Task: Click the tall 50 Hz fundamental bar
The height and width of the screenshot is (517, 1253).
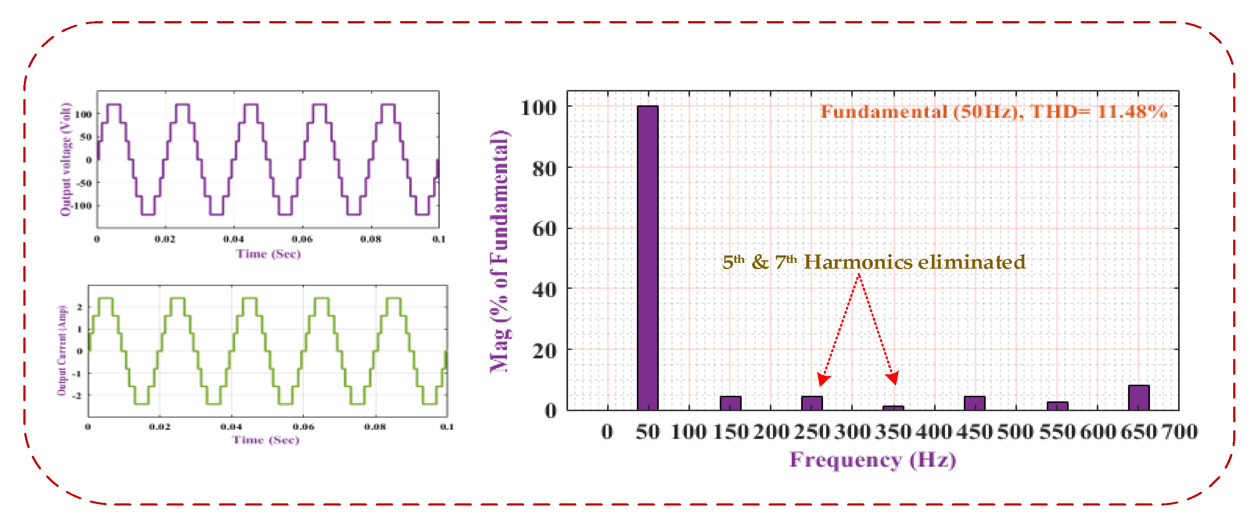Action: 647,258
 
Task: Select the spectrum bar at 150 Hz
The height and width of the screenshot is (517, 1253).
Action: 730,403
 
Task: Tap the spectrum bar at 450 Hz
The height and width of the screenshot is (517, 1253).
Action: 974,403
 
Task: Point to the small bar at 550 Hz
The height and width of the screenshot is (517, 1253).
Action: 1057,406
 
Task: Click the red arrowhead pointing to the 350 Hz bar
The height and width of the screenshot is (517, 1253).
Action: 893,378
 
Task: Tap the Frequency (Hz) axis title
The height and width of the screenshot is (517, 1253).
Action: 872,460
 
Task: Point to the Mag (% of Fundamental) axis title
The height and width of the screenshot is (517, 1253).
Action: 500,251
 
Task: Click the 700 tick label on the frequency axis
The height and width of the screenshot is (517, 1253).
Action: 1179,432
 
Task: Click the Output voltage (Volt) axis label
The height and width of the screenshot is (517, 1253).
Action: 66,159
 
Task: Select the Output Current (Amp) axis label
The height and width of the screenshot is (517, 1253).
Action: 62,350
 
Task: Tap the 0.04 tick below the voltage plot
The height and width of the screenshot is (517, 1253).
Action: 234,239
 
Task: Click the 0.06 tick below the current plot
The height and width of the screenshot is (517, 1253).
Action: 303,427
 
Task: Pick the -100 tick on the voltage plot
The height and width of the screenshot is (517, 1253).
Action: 81,206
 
